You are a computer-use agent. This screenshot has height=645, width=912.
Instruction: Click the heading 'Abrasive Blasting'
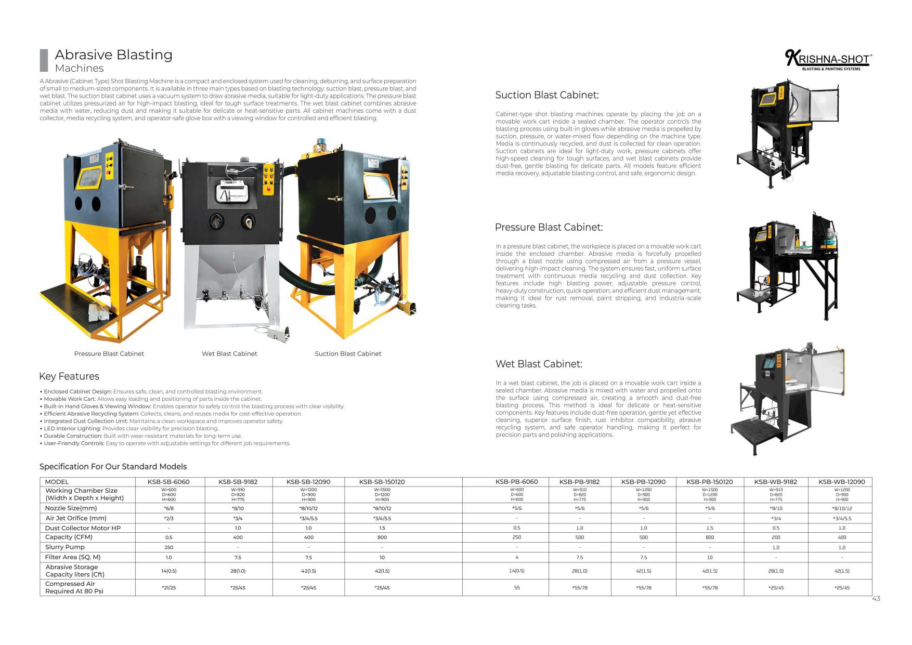click(113, 55)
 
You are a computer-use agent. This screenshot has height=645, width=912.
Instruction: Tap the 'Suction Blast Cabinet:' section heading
click(546, 95)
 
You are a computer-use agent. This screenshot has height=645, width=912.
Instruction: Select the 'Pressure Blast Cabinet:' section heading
click(549, 227)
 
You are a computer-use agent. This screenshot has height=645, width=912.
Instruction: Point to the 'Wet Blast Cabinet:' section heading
click(539, 364)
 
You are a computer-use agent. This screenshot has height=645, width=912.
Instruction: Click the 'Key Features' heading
click(69, 376)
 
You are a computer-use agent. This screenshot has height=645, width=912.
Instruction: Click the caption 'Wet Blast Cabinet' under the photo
click(229, 354)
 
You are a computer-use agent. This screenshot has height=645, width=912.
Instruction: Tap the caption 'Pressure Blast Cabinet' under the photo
click(109, 354)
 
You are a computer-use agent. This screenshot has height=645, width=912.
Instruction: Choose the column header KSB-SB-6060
click(168, 482)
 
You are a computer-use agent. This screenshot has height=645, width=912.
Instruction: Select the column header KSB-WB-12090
click(841, 482)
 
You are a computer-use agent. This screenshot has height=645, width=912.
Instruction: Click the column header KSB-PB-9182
click(579, 482)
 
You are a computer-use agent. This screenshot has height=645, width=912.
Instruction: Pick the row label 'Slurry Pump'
click(64, 547)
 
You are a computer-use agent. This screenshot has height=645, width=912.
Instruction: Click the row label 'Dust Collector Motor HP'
click(82, 528)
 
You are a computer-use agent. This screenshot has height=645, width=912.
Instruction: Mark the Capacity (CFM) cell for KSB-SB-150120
click(382, 537)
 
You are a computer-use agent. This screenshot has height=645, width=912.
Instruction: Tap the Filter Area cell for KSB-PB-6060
click(516, 557)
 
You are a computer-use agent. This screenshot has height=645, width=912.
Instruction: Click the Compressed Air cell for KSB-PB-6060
click(516, 588)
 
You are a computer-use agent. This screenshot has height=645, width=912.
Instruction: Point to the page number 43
click(876, 599)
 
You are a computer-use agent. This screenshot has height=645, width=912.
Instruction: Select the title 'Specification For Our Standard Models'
click(113, 467)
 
